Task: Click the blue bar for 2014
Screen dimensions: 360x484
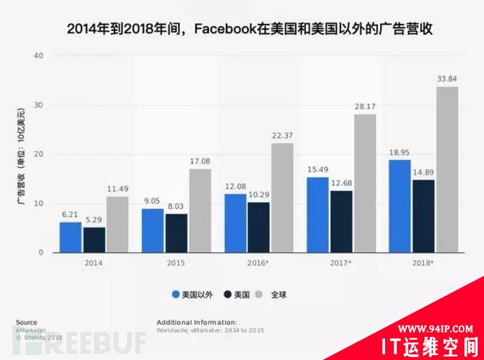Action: (70, 237)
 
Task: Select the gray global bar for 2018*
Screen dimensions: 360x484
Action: (447, 169)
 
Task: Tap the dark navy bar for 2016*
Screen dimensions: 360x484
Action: (259, 227)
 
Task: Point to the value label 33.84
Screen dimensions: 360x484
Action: (447, 79)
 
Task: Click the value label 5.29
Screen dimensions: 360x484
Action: (94, 218)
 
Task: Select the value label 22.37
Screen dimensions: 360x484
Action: (282, 135)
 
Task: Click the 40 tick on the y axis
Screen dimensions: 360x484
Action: (39, 55)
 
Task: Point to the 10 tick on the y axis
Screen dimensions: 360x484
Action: (39, 204)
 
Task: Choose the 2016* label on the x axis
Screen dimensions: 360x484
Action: (259, 263)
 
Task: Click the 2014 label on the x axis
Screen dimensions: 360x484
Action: (94, 263)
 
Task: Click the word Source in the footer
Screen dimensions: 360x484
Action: (27, 322)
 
